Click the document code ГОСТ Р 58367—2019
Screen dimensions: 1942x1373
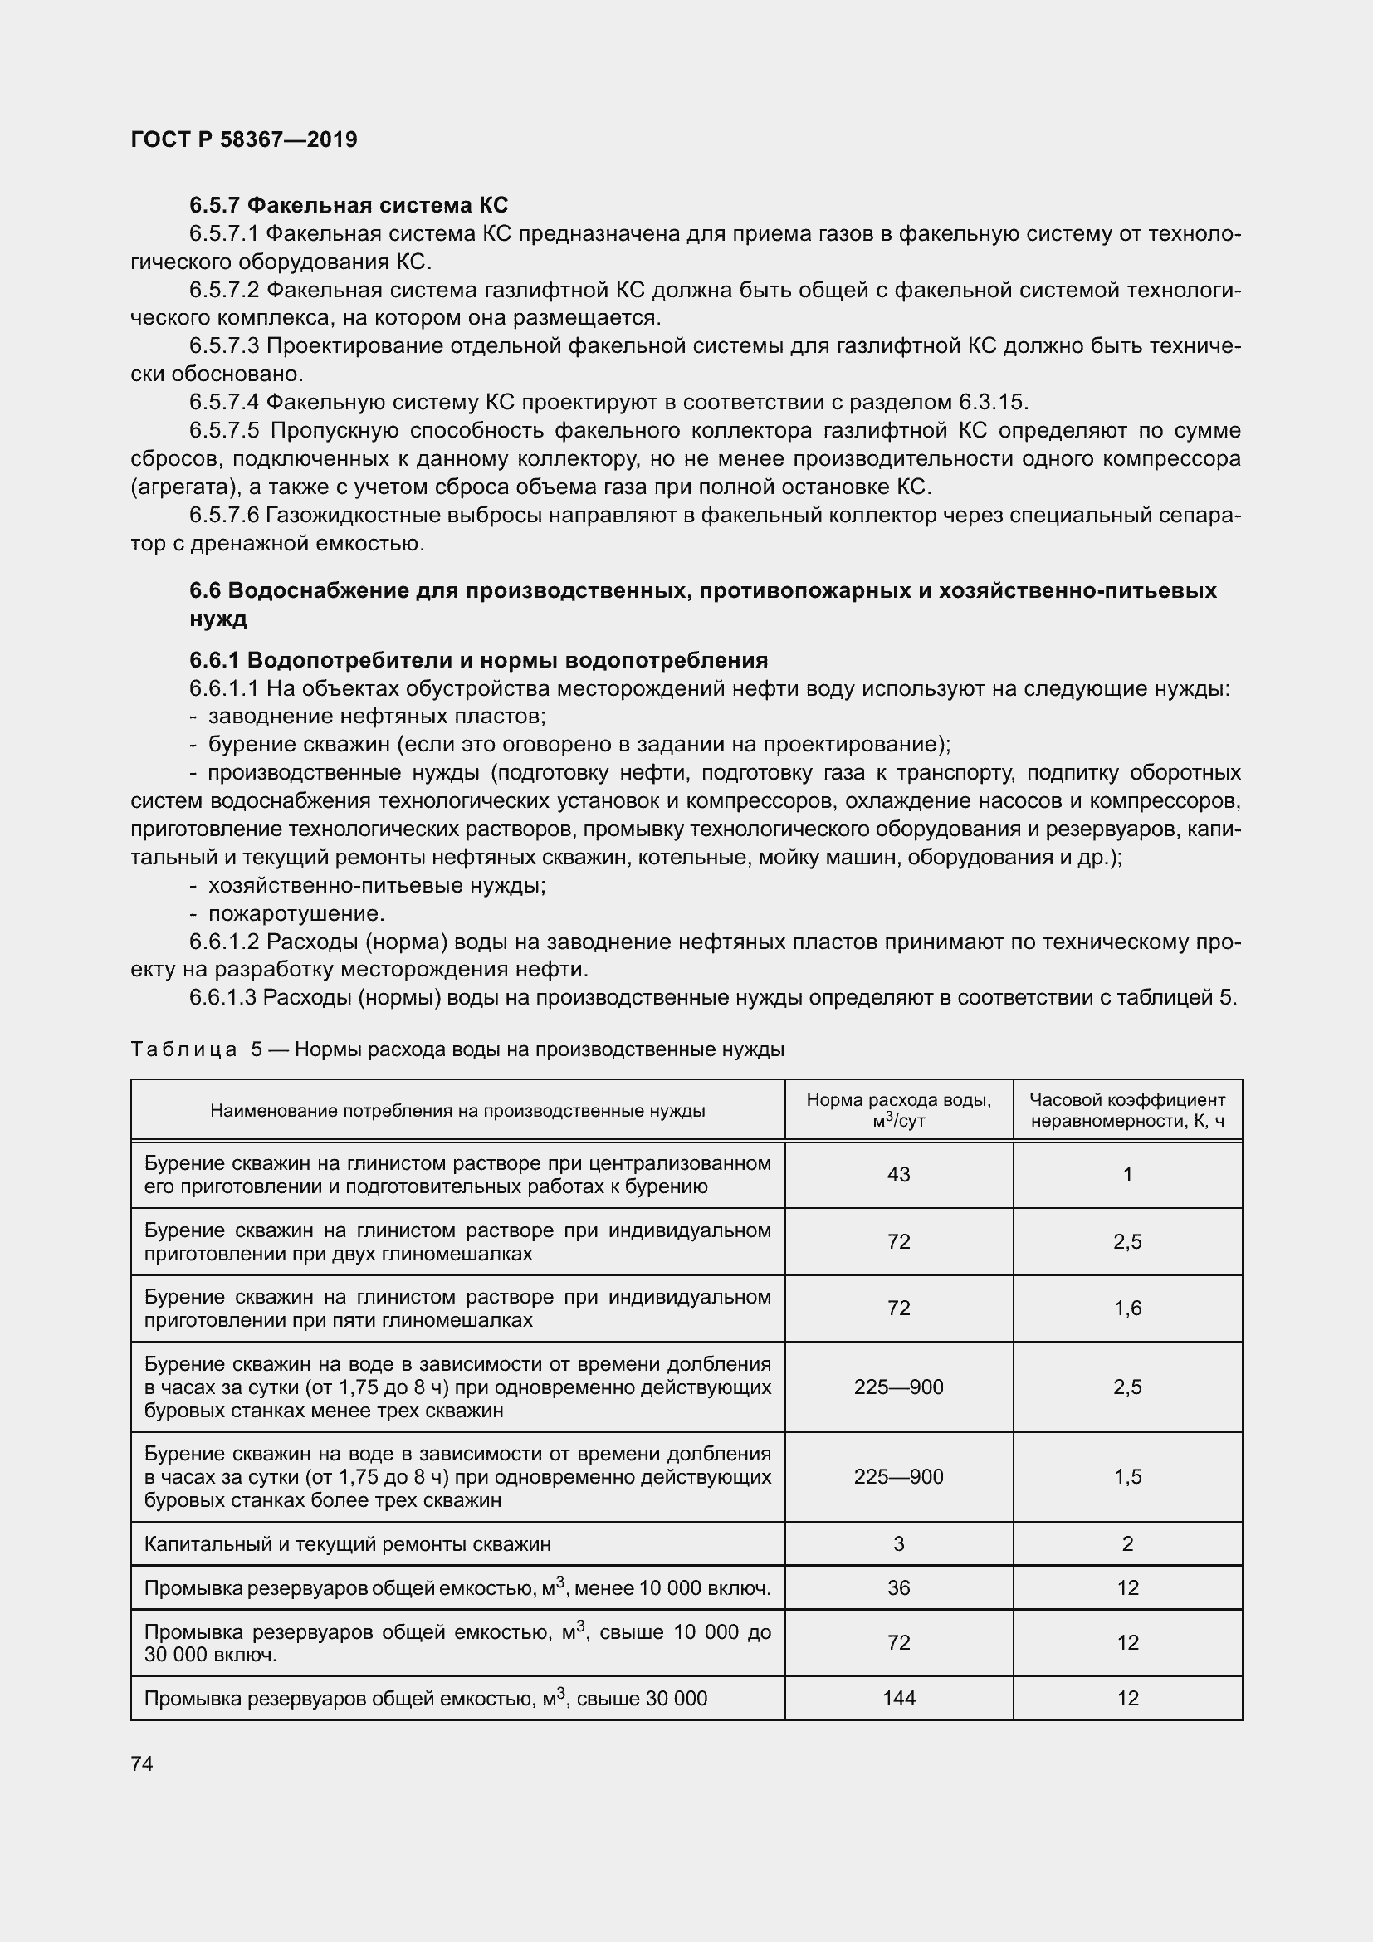244,139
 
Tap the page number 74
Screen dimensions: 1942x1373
142,1763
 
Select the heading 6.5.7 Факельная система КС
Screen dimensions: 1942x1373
349,206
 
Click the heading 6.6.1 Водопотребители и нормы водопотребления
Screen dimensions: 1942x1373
477,660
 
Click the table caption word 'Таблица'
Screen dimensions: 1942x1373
184,1049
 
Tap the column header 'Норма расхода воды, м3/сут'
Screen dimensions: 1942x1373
898,1110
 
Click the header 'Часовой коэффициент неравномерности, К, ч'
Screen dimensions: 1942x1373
1127,1110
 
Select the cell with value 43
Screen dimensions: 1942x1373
898,1174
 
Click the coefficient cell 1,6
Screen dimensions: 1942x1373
1127,1309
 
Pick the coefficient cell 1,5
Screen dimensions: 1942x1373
1127,1477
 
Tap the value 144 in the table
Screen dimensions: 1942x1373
898,1699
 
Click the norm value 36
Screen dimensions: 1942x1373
898,1587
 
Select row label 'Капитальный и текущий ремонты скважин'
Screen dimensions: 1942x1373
348,1543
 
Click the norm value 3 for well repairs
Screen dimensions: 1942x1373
898,1543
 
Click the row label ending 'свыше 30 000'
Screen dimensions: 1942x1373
425,1699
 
